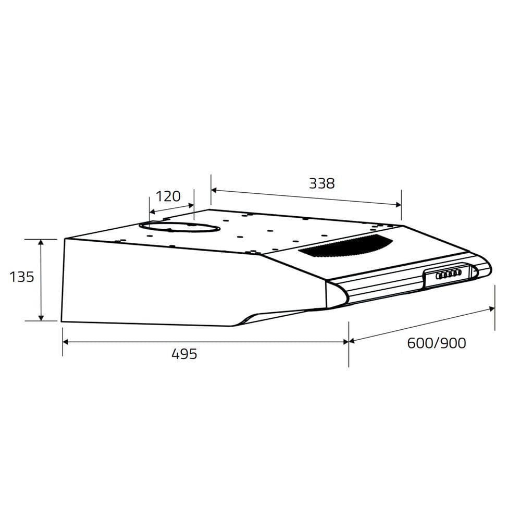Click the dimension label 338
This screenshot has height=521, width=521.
click(321, 183)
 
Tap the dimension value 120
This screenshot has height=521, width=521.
click(168, 196)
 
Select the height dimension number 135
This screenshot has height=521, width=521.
click(22, 277)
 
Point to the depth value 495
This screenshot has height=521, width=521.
click(184, 354)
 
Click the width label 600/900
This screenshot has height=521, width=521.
click(437, 343)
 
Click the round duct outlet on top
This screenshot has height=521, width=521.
click(179, 227)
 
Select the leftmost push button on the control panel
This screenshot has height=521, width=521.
click(439, 276)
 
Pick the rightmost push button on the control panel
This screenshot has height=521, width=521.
click(458, 272)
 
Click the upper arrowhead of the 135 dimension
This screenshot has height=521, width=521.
click(41, 242)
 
